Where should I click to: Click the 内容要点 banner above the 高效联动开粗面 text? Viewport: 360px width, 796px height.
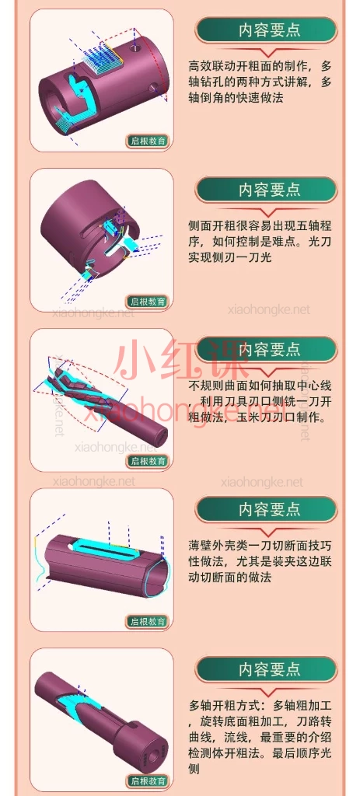(269, 30)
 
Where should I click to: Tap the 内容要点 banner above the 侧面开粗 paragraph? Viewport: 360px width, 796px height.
(269, 190)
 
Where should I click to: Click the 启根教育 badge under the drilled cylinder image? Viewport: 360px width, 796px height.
(148, 141)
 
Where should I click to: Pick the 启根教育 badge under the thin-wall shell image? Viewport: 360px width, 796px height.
(148, 621)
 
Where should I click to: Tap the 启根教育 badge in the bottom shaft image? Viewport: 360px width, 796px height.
(148, 781)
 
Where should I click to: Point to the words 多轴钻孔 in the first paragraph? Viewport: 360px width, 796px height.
(215, 82)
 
